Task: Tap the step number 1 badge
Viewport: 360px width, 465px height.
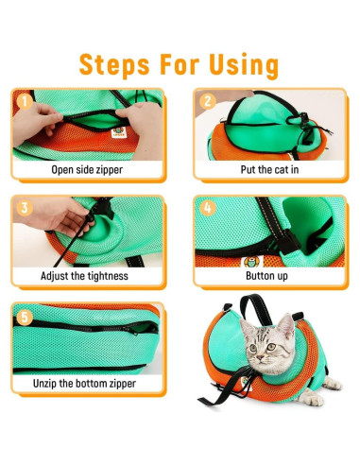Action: pyautogui.click(x=24, y=98)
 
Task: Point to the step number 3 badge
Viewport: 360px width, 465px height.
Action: pyautogui.click(x=24, y=205)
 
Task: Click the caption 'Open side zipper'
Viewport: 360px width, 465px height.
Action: pyautogui.click(x=88, y=170)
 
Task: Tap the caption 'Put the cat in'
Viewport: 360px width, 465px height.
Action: pyautogui.click(x=269, y=170)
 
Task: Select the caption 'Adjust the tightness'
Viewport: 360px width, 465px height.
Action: pyautogui.click(x=88, y=277)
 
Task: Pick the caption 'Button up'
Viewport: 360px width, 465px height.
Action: pyautogui.click(x=269, y=277)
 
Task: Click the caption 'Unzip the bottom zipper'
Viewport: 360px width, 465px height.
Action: pyautogui.click(x=88, y=383)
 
